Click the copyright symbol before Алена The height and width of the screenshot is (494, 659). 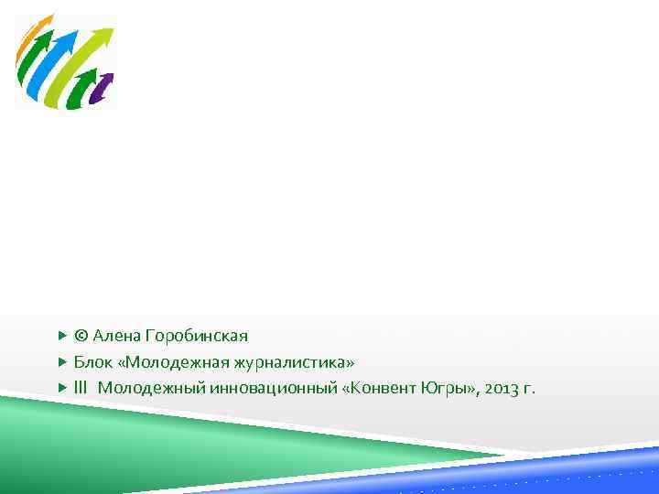81,336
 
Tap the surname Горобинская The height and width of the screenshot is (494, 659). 197,336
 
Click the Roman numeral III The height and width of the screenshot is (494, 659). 81,388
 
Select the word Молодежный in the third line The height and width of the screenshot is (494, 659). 152,388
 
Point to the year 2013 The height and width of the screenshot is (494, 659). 504,388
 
